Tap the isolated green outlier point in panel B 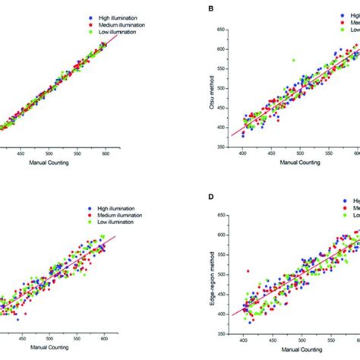click(293, 60)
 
